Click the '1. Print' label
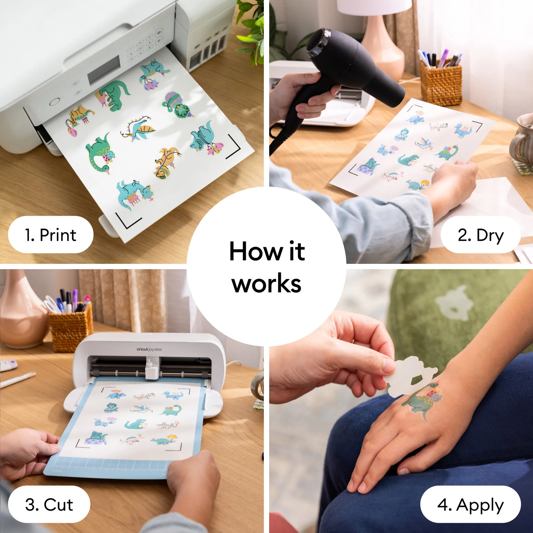tap(50, 235)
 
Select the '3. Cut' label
tap(49, 505)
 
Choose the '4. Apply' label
tap(470, 505)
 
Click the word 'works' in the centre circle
tap(266, 284)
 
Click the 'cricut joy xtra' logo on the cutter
tap(149, 349)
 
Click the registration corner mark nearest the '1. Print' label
tap(127, 221)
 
